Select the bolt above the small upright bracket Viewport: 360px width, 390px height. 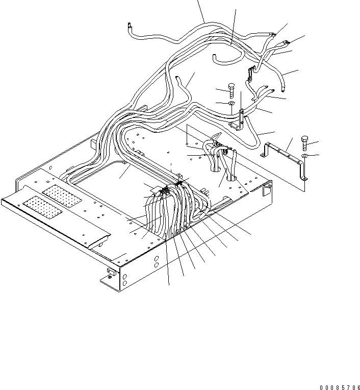point(230,90)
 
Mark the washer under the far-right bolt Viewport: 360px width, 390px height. point(304,155)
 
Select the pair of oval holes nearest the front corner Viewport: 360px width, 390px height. point(125,279)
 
